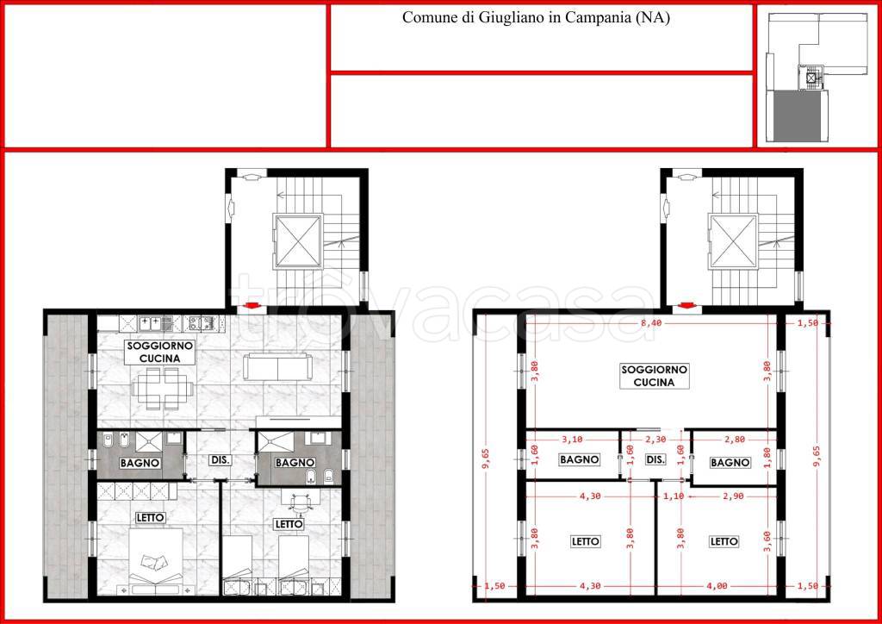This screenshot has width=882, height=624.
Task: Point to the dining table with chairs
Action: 163,388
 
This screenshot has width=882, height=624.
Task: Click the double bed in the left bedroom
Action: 156,561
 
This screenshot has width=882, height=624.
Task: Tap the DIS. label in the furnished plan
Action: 220,459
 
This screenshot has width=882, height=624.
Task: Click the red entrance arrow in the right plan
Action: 685,305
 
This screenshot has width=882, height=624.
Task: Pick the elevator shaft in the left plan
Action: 298,240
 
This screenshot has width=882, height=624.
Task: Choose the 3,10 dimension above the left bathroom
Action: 572,440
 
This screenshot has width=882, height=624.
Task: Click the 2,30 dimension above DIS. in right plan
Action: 655,440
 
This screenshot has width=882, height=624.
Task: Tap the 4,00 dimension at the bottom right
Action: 717,586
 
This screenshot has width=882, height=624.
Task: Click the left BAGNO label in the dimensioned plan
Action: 580,459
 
